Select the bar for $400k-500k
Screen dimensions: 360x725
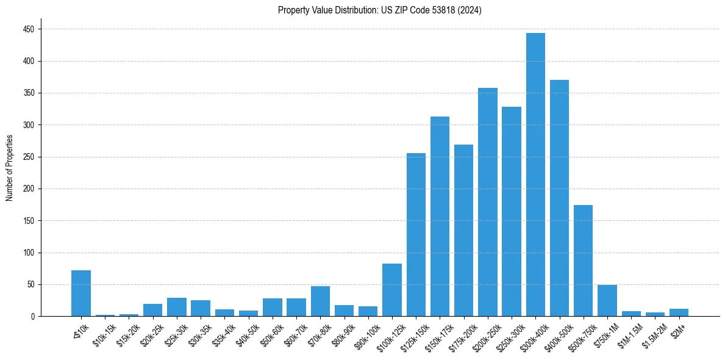(x=559, y=198)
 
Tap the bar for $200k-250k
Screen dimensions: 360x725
(x=488, y=202)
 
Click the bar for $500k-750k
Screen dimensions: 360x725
(x=584, y=261)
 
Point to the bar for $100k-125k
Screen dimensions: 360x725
(x=392, y=290)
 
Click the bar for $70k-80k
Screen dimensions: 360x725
(x=320, y=301)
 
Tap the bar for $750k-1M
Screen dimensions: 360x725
(x=607, y=301)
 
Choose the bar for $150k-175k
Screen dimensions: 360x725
(x=440, y=217)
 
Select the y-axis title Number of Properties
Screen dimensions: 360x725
(x=9, y=168)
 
